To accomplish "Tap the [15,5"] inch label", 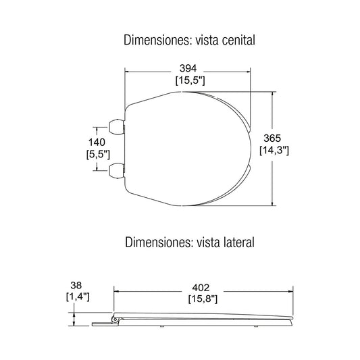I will point(190,80).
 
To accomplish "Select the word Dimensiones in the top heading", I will point(155,40).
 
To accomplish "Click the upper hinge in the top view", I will point(117,126).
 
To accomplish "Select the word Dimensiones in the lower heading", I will point(156,240).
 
